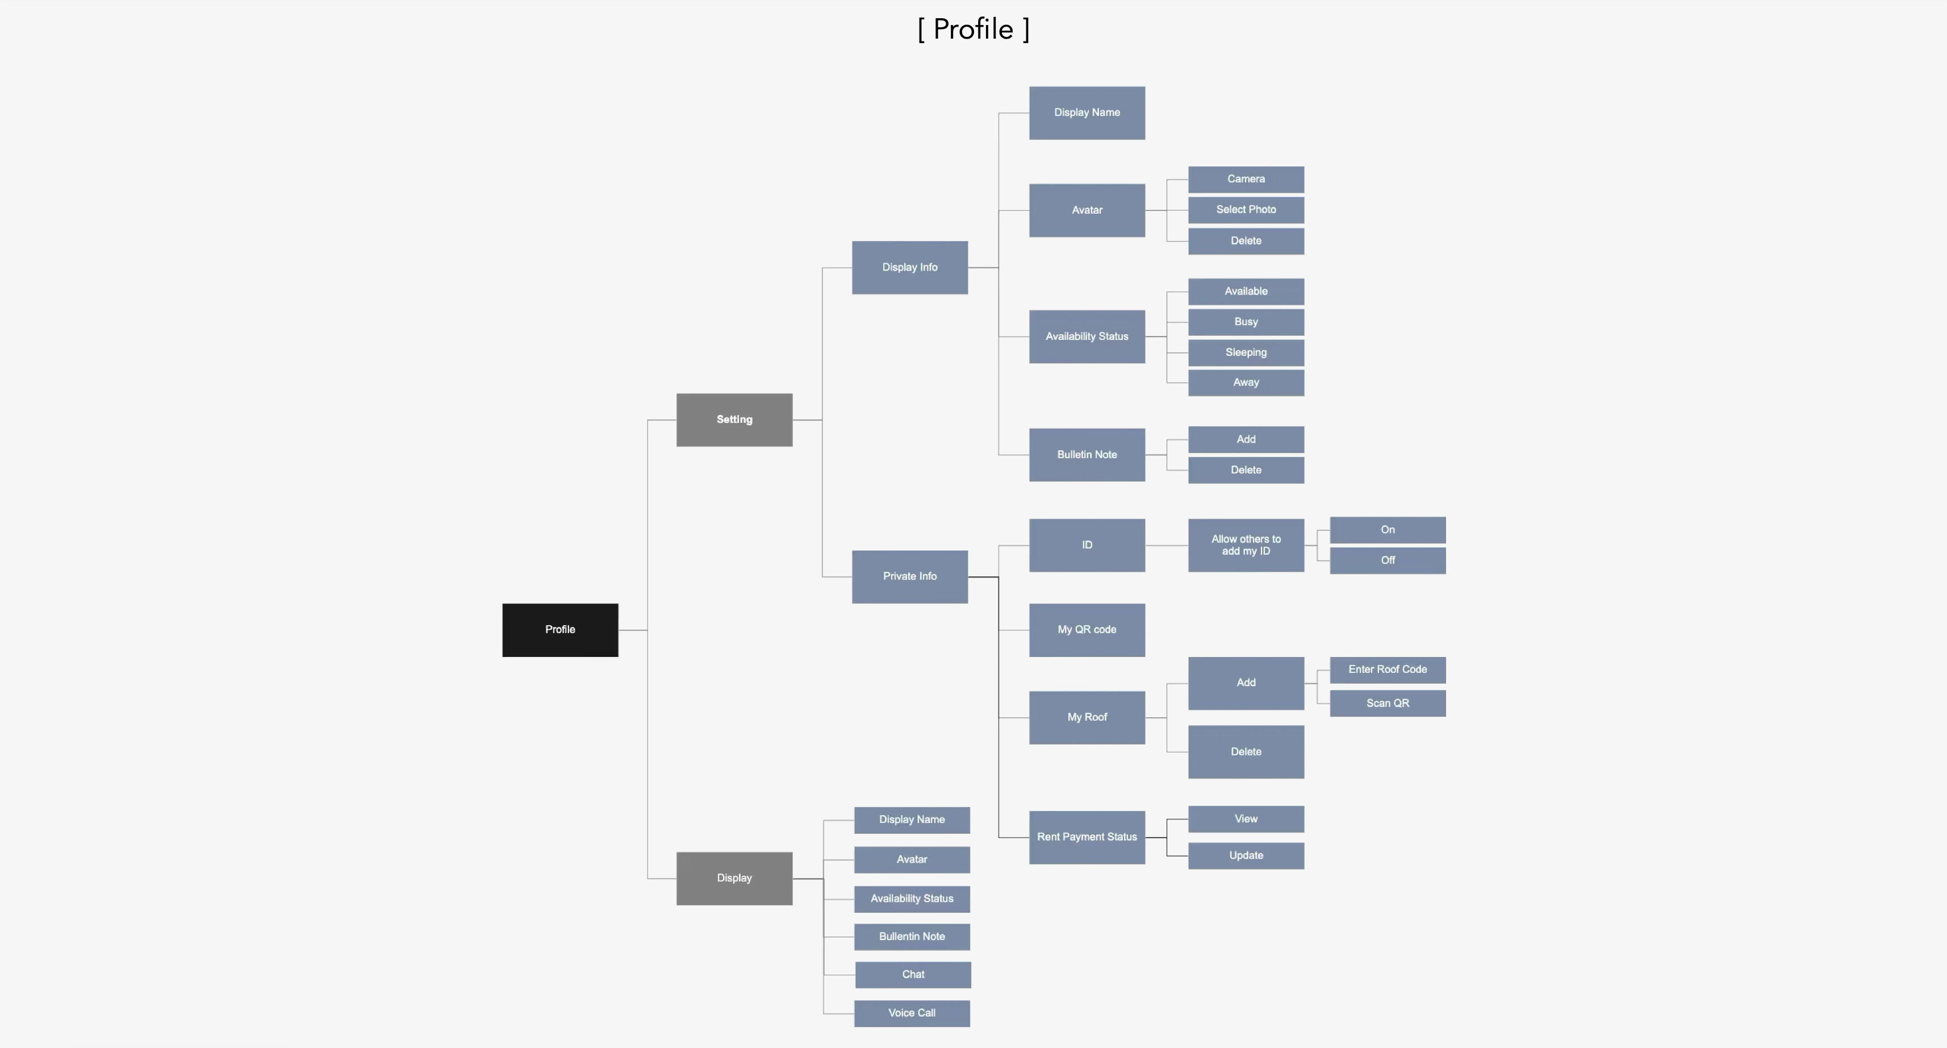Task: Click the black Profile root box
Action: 560,630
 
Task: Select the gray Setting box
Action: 734,419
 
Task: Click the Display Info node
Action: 909,268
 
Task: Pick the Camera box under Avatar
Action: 1246,179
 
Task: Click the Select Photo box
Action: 1246,210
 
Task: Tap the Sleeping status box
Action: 1246,352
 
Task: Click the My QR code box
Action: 1086,630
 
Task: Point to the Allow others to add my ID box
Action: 1246,545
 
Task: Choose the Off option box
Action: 1387,560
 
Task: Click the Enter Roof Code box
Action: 1387,669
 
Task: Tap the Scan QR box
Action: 1387,703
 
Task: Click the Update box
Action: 1246,855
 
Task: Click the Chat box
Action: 912,975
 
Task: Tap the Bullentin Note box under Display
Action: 912,936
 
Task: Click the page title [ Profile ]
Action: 973,30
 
